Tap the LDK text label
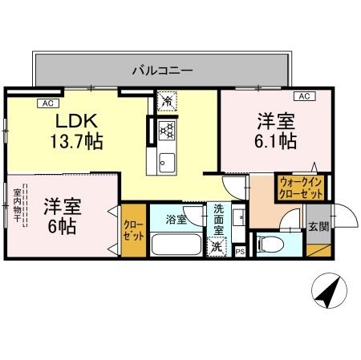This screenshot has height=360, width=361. click(x=77, y=122)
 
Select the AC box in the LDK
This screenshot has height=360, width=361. click(x=46, y=103)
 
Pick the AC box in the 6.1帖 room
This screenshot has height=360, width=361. click(x=304, y=96)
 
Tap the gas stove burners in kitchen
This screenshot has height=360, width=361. click(x=167, y=129)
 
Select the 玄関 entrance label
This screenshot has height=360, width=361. click(x=318, y=227)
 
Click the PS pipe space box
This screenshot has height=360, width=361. click(x=240, y=251)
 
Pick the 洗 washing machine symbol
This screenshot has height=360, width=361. click(x=216, y=247)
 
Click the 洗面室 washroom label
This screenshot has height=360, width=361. click(x=218, y=220)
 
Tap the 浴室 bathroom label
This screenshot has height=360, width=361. click(x=176, y=218)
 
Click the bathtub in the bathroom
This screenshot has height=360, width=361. click(x=176, y=245)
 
